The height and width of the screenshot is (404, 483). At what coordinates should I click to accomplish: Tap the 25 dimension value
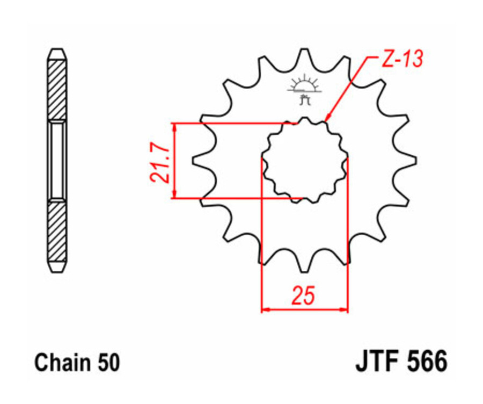(303, 295)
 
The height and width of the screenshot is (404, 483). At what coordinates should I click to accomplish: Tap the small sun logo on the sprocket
(304, 84)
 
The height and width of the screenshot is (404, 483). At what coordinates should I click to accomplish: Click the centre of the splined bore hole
(304, 160)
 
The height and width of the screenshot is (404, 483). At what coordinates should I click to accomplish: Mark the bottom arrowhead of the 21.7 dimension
(174, 194)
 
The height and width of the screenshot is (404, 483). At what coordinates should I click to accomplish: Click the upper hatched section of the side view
(57, 89)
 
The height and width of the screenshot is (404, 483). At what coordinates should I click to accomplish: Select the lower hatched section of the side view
(57, 231)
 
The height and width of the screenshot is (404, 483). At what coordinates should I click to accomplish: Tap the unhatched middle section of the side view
(57, 160)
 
